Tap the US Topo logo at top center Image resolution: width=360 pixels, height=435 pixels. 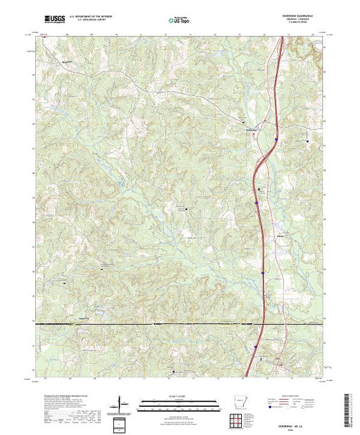tap(181, 20)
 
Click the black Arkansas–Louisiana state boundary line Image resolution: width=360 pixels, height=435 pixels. tap(138, 323)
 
